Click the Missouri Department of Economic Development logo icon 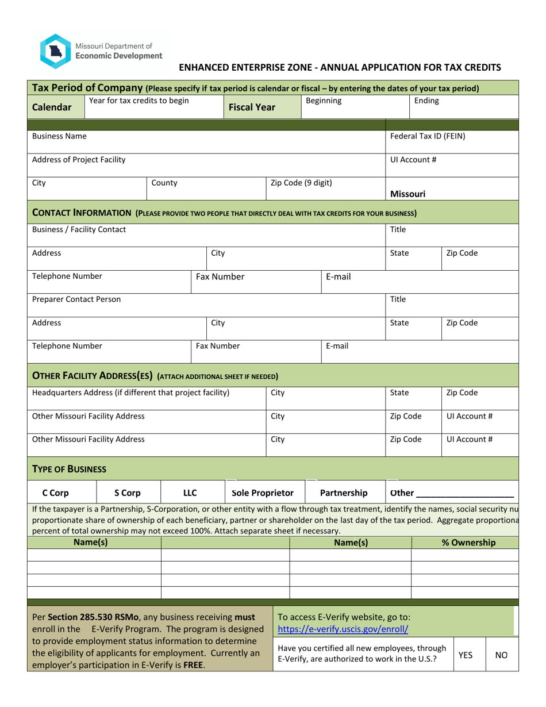click(55, 51)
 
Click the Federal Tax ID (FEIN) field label click(428, 137)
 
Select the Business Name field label click(60, 137)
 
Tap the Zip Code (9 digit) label click(301, 183)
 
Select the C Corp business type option click(57, 493)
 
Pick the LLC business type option click(190, 493)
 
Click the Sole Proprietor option click(262, 493)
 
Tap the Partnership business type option click(344, 493)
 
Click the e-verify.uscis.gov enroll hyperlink click(343, 629)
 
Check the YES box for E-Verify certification click(466, 654)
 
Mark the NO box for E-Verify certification click(501, 654)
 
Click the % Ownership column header click(468, 542)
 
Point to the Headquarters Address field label click(131, 393)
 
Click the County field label click(164, 183)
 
